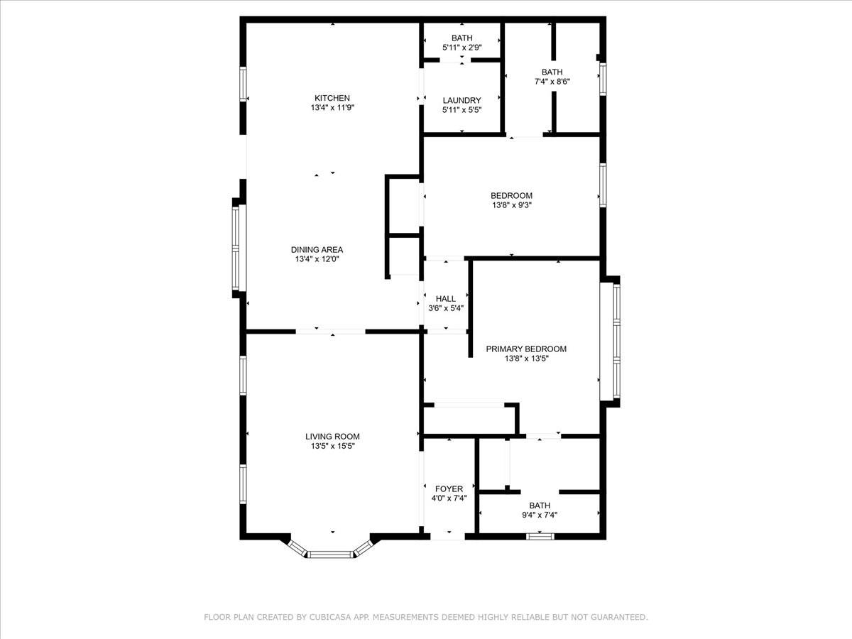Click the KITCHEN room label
[332, 98]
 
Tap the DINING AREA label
[317, 249]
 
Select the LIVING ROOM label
[332, 437]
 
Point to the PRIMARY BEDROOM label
[525, 349]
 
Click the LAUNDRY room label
[461, 100]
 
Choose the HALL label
[446, 299]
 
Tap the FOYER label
[449, 488]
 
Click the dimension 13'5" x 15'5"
[332, 447]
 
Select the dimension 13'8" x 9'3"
[511, 205]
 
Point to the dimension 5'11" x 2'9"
[461, 48]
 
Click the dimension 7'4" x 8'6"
[552, 81]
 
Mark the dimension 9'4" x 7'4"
[539, 515]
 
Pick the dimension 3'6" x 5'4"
[446, 308]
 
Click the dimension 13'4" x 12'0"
[317, 259]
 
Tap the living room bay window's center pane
[331, 554]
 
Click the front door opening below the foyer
[449, 535]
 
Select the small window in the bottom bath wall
[540, 536]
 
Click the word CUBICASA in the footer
[329, 618]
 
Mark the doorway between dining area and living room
[331, 331]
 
